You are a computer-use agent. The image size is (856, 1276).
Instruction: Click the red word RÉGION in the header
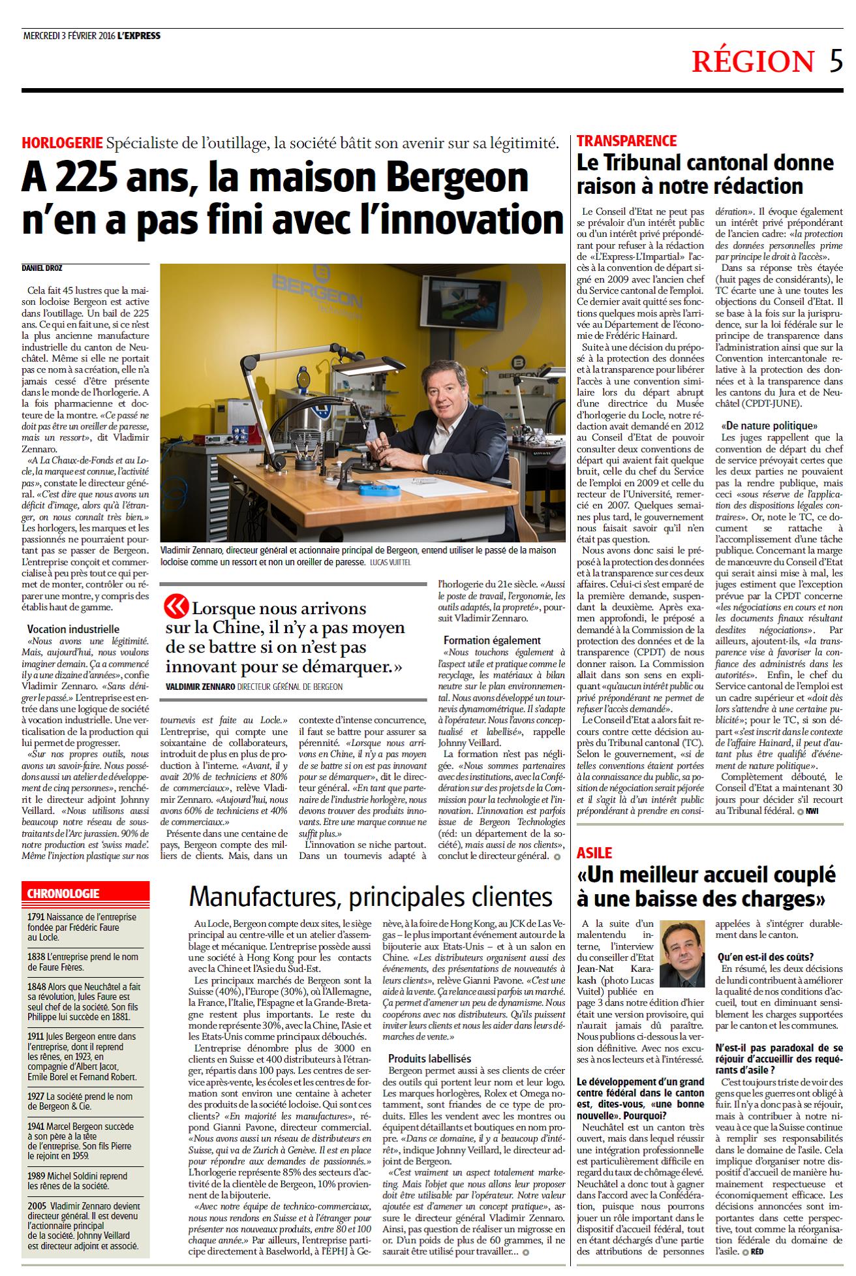pyautogui.click(x=753, y=61)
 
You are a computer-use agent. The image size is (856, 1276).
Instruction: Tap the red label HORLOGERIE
pyautogui.click(x=62, y=142)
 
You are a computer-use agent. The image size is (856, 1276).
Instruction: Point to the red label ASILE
pyautogui.click(x=594, y=852)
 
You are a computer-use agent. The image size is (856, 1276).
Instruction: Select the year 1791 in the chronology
pyautogui.click(x=36, y=917)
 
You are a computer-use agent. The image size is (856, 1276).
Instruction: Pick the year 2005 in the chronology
pyautogui.click(x=37, y=1206)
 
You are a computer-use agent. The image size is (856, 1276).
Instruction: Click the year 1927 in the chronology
pyautogui.click(x=37, y=1096)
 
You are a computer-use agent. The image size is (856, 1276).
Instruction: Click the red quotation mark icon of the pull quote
pyautogui.click(x=176, y=606)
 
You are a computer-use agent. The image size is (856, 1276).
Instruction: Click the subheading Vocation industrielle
pyautogui.click(x=73, y=629)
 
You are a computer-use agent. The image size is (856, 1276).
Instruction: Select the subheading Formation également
pyautogui.click(x=492, y=640)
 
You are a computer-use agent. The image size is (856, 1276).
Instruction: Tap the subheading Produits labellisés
pyautogui.click(x=429, y=1059)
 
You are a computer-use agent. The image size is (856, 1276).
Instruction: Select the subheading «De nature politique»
pyautogui.click(x=759, y=426)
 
